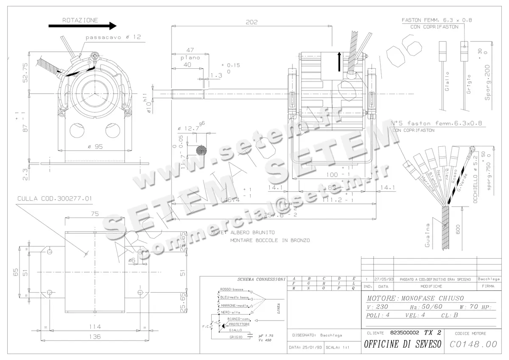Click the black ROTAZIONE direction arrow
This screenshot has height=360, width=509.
(x=82, y=26)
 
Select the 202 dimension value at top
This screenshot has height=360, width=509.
(x=252, y=22)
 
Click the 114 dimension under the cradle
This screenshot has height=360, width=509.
(x=96, y=327)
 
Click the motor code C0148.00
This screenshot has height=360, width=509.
(x=473, y=345)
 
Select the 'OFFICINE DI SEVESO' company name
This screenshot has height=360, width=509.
(x=403, y=344)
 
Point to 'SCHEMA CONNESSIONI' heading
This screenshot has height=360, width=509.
(x=261, y=279)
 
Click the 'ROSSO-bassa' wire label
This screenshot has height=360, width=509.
(x=232, y=289)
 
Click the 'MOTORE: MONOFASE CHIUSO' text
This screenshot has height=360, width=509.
(x=415, y=298)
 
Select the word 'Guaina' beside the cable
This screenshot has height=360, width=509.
(x=428, y=235)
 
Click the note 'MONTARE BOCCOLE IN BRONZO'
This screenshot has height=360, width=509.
(x=270, y=240)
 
